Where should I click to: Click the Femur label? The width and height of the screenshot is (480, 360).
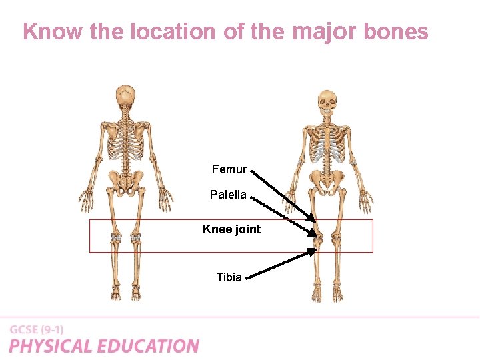[x=229, y=169]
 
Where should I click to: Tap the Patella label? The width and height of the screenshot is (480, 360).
[x=228, y=195]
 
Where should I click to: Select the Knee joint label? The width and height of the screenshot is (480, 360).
[x=231, y=229]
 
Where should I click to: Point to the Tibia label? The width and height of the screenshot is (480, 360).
[x=229, y=277]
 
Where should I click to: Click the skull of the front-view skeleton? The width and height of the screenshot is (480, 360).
[x=327, y=101]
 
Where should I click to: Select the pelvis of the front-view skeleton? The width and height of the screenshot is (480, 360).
[x=327, y=179]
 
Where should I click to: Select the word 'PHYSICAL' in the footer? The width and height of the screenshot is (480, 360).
[x=51, y=346]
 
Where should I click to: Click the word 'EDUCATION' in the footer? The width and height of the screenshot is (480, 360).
[x=148, y=346]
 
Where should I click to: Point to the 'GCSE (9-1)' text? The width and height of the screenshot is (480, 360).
[x=37, y=329]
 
